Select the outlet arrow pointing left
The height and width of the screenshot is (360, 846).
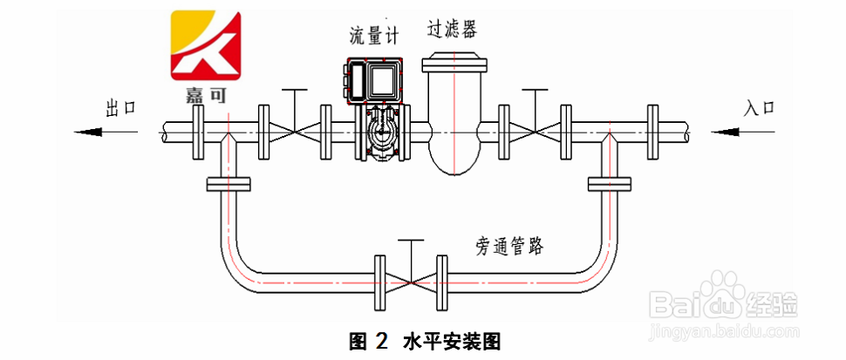(x=106, y=132)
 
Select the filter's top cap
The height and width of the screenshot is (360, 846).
(x=454, y=62)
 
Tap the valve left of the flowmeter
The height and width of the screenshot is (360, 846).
(x=295, y=132)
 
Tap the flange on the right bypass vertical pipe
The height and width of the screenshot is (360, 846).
(x=609, y=184)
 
